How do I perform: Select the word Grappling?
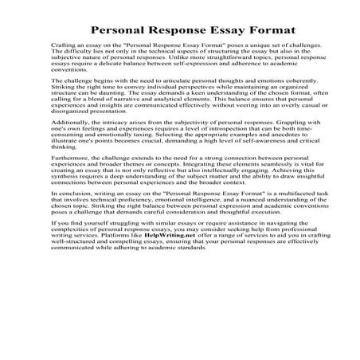click(270, 135)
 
